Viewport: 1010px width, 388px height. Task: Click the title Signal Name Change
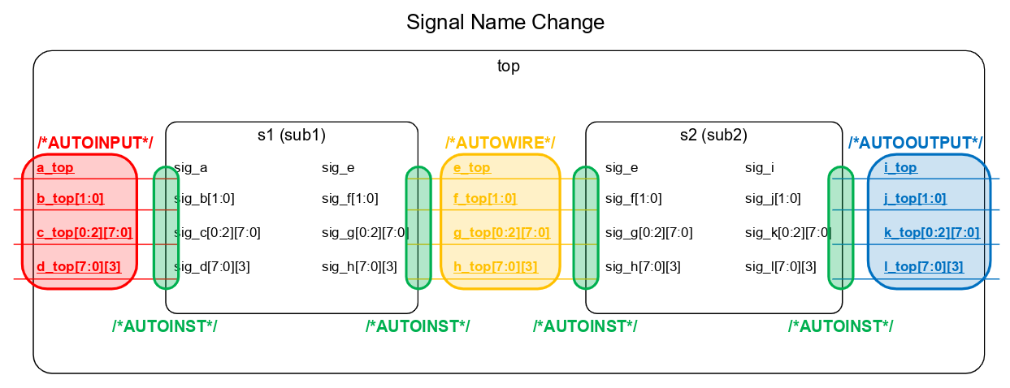pos(505,23)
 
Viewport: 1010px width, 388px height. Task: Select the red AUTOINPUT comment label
pos(94,143)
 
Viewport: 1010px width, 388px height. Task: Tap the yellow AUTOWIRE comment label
pos(500,143)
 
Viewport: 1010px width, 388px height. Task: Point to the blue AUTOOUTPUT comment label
pos(915,143)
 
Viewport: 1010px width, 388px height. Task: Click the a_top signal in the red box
pos(55,168)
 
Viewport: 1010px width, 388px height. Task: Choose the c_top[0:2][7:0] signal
pos(84,233)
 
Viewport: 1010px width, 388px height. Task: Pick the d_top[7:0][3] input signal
pos(78,266)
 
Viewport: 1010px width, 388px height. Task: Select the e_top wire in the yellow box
pos(471,168)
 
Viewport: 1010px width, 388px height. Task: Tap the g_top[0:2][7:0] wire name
pos(501,233)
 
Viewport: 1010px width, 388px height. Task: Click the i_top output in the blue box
pos(900,168)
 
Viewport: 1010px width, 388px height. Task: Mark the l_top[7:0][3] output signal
pos(923,266)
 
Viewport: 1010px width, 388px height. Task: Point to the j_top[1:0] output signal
pos(914,198)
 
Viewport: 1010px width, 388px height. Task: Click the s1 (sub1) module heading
pos(291,135)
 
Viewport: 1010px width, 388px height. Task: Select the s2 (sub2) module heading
pos(713,135)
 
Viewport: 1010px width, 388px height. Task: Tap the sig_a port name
pos(191,168)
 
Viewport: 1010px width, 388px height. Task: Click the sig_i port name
pos(760,168)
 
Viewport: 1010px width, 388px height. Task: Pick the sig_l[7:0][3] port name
pos(780,266)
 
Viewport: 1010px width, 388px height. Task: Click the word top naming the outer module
pos(509,67)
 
